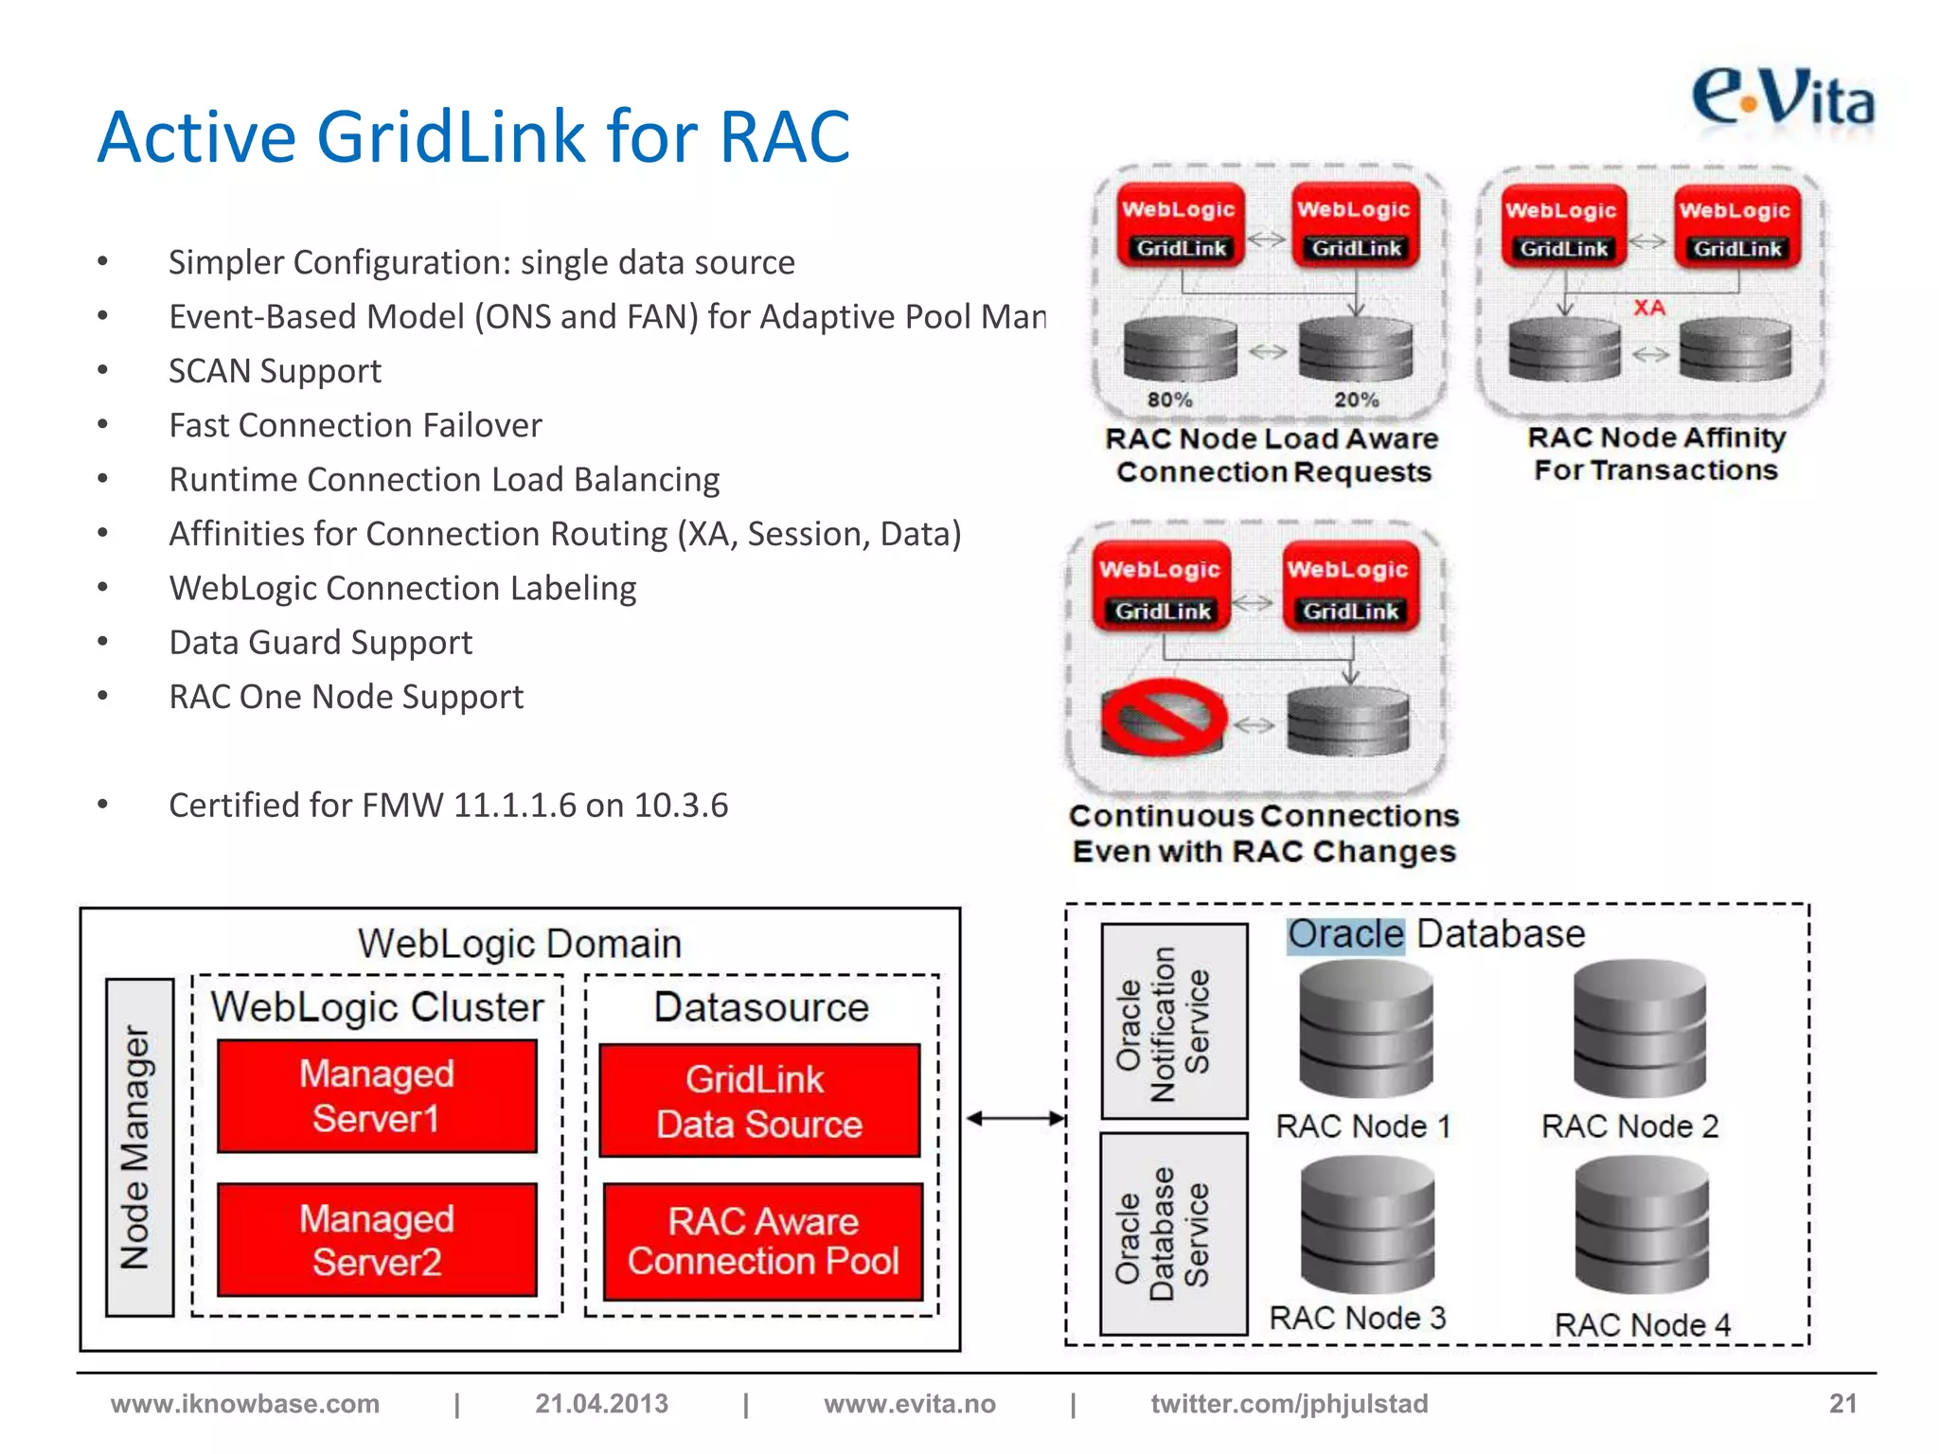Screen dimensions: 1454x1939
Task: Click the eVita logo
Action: (x=1782, y=98)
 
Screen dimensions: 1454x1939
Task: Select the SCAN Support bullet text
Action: (x=275, y=371)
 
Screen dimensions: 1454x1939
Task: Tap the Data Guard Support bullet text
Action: (x=320, y=643)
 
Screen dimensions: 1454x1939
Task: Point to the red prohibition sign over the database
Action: (x=1164, y=717)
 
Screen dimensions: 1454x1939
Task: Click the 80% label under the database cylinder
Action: (x=1169, y=399)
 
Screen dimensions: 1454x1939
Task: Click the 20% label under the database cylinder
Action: (x=1356, y=399)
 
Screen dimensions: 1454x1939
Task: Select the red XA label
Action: (x=1648, y=308)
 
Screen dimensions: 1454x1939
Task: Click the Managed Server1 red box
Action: (x=377, y=1096)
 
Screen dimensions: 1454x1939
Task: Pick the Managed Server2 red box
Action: (x=377, y=1240)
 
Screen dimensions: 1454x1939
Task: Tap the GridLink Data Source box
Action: (x=759, y=1101)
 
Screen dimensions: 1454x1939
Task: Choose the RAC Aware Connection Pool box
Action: (x=763, y=1241)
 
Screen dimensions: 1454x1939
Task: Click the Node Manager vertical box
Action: (x=139, y=1147)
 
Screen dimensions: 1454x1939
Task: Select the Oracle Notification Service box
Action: (x=1174, y=1022)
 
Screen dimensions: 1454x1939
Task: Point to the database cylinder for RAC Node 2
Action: (x=1639, y=1028)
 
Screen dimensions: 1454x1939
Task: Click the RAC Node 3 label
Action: (x=1357, y=1318)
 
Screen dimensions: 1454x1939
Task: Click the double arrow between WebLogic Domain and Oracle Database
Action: (x=1014, y=1119)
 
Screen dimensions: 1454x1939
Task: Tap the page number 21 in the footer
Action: (x=1841, y=1403)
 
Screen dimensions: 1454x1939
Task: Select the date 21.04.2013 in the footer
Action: (x=601, y=1403)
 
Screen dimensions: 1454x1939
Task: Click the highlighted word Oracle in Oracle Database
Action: (x=1345, y=934)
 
